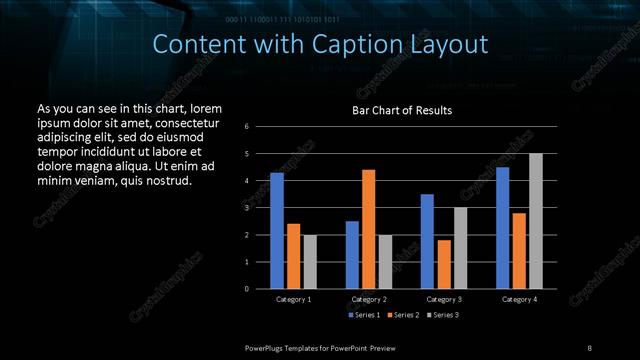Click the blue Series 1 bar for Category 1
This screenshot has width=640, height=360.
pyautogui.click(x=277, y=231)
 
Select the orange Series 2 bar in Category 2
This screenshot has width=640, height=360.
pyautogui.click(x=369, y=229)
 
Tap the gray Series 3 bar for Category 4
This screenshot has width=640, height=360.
pyautogui.click(x=536, y=221)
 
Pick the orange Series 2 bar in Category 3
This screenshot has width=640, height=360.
pyautogui.click(x=444, y=264)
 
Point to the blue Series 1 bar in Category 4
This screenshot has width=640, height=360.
pyautogui.click(x=503, y=228)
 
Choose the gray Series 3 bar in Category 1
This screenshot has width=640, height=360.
pyautogui.click(x=310, y=262)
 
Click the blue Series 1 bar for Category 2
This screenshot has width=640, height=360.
pyautogui.click(x=352, y=255)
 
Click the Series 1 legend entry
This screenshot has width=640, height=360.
pyautogui.click(x=363, y=316)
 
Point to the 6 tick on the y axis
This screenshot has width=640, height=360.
pyautogui.click(x=260, y=127)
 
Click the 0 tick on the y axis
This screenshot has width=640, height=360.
pyautogui.click(x=260, y=289)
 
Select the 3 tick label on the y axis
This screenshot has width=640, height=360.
pyautogui.click(x=260, y=208)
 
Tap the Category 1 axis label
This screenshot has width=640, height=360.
pyautogui.click(x=293, y=299)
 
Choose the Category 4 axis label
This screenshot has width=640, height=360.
pyautogui.click(x=519, y=299)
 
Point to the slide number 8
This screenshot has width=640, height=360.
pyautogui.click(x=589, y=348)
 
